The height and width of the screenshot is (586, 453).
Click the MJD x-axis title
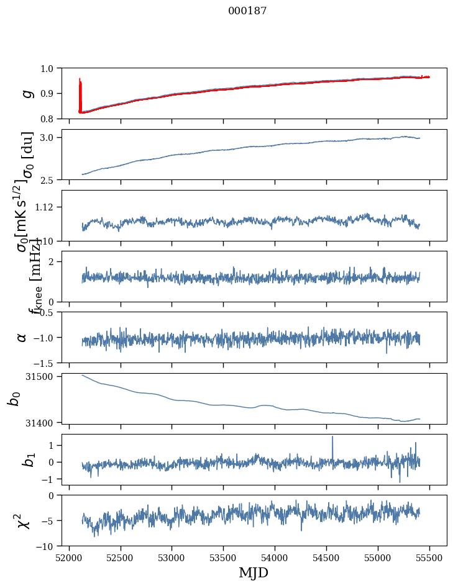[x=254, y=572]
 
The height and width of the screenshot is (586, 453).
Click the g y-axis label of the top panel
[x=26, y=93]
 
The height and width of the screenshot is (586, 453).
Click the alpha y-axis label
[x=22, y=337]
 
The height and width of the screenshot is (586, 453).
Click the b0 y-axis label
[x=14, y=398]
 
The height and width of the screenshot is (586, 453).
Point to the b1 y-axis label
[x=27, y=459]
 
